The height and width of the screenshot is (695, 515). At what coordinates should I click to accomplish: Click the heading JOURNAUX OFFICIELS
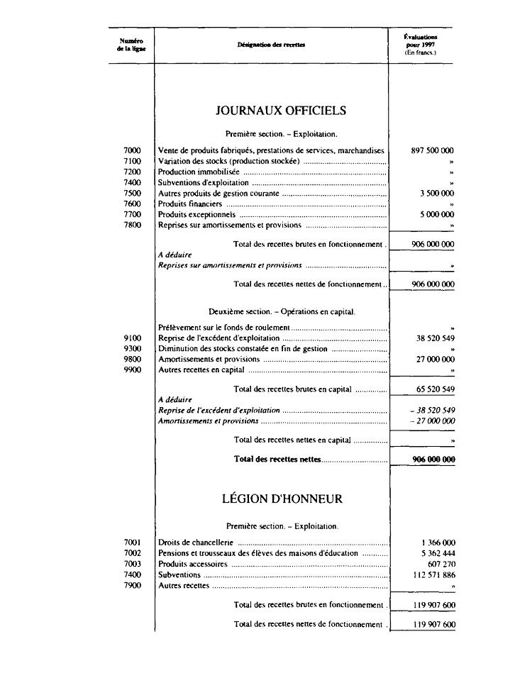(281, 111)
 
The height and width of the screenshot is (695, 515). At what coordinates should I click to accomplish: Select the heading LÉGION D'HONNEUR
(282, 499)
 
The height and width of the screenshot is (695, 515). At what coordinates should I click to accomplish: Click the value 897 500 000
(432, 150)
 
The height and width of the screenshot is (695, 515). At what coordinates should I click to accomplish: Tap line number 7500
(132, 193)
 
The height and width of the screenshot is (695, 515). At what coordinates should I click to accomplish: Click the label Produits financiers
(190, 204)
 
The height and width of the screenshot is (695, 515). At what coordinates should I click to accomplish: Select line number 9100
(132, 338)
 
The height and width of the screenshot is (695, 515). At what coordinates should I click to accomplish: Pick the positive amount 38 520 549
(435, 338)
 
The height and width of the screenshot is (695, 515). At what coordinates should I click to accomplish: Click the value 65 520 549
(435, 389)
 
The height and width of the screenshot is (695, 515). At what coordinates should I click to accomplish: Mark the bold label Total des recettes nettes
(277, 459)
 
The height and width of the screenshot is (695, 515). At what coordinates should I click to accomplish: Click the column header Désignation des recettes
(271, 45)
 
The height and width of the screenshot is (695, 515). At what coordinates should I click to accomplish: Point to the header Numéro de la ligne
(131, 45)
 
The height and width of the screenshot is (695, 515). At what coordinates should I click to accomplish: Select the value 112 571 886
(432, 574)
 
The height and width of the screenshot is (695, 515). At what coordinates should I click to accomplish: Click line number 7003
(132, 564)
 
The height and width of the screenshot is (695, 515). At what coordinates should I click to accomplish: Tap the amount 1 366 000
(438, 543)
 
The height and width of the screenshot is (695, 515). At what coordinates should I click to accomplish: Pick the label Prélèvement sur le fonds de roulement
(224, 328)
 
